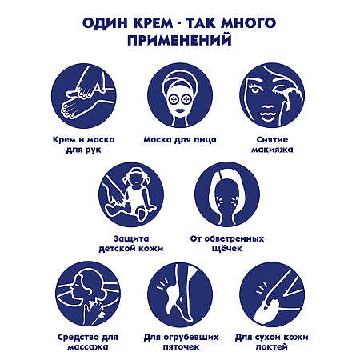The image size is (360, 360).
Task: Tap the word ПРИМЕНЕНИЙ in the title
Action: [x=180, y=40]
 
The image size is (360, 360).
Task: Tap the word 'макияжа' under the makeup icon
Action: [x=270, y=149]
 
